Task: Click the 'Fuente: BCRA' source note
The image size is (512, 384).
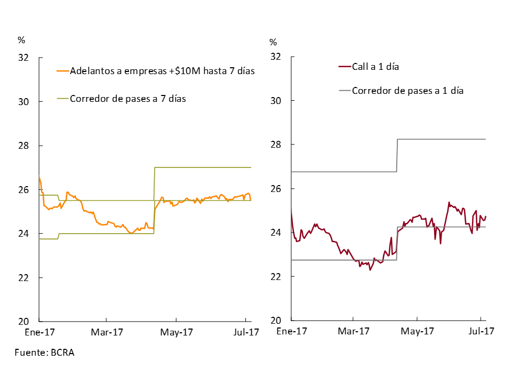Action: point(44,353)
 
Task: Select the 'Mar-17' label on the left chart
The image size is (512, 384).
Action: point(107,332)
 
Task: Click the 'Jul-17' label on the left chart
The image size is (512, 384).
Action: point(245,332)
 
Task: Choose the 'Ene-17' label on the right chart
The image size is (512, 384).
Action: point(291,332)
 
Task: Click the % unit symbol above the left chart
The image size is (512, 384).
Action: point(21,40)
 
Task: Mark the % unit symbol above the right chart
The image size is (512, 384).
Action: point(273,42)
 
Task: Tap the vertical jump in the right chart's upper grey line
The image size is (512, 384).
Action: point(397,155)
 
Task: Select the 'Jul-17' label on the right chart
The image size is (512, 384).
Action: point(481,332)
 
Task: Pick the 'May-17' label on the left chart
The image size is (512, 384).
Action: point(177,332)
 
